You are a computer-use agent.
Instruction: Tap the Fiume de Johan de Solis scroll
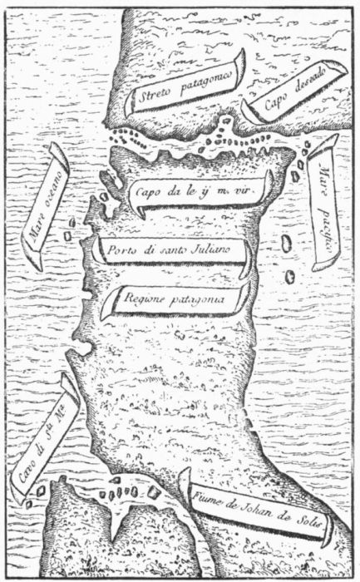[259, 509]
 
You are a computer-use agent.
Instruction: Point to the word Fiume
[208, 498]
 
